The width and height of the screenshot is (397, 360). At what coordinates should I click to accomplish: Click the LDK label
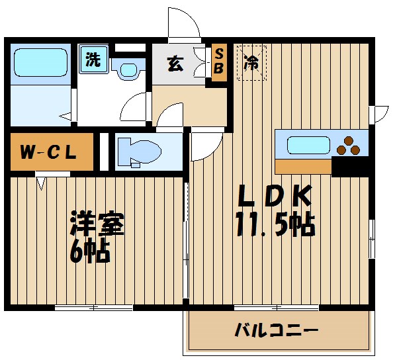tap(274, 197)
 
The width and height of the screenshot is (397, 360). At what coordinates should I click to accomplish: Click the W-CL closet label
tap(47, 152)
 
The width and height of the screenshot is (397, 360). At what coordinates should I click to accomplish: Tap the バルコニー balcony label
tap(277, 329)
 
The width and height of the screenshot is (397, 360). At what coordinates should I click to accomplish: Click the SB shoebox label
tap(219, 62)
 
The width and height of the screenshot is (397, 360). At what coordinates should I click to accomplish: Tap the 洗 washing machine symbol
tap(93, 60)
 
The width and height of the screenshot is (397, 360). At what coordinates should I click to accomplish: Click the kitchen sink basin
tap(309, 144)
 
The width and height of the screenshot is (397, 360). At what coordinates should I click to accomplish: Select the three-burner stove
tap(351, 144)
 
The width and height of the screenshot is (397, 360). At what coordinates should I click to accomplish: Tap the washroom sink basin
tap(128, 69)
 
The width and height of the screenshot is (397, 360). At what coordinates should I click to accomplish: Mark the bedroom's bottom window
tap(94, 307)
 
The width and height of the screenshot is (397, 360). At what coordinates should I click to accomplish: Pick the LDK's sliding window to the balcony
tap(277, 307)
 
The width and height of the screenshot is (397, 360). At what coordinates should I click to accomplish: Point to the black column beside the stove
tap(350, 166)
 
